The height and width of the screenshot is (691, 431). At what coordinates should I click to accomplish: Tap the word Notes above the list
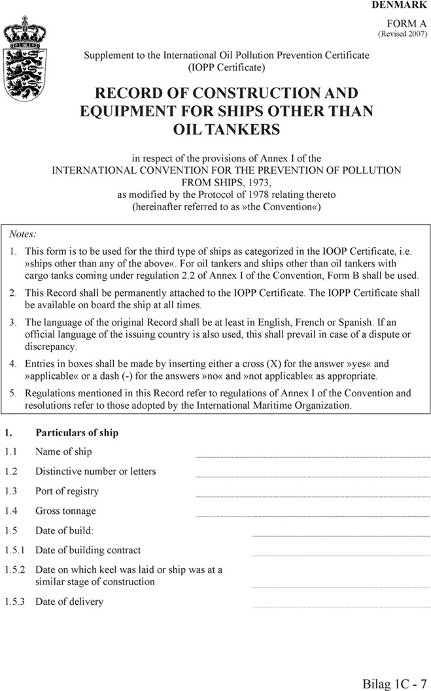click(23, 233)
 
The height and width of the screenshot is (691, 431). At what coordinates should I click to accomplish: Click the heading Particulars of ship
click(77, 432)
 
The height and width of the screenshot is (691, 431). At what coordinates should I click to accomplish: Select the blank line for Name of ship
click(313, 456)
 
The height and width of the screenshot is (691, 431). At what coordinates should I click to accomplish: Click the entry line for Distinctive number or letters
click(313, 475)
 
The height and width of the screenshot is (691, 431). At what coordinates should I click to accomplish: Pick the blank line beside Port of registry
click(313, 496)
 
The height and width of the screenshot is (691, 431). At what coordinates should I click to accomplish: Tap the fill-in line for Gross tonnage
click(313, 515)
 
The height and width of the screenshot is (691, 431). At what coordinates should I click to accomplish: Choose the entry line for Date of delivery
click(341, 606)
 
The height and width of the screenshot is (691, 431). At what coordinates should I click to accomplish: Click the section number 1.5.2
click(14, 570)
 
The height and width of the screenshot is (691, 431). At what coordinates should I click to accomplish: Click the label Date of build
click(64, 530)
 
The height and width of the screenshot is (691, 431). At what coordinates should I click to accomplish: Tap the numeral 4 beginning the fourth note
click(13, 364)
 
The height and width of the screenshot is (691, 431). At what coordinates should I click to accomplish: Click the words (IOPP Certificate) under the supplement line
click(226, 67)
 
